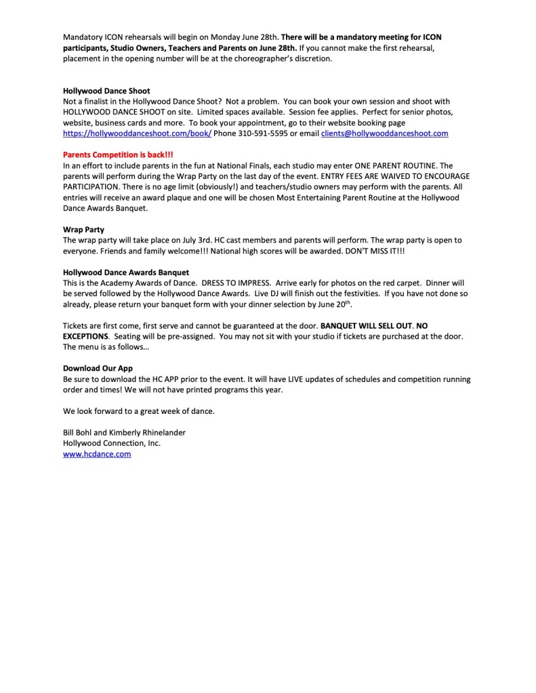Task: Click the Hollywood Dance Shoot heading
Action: tap(106, 90)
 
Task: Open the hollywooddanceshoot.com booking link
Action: tap(137, 134)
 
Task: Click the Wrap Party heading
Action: tap(83, 230)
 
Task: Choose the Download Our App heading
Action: tap(96, 369)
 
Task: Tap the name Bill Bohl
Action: tap(79, 432)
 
